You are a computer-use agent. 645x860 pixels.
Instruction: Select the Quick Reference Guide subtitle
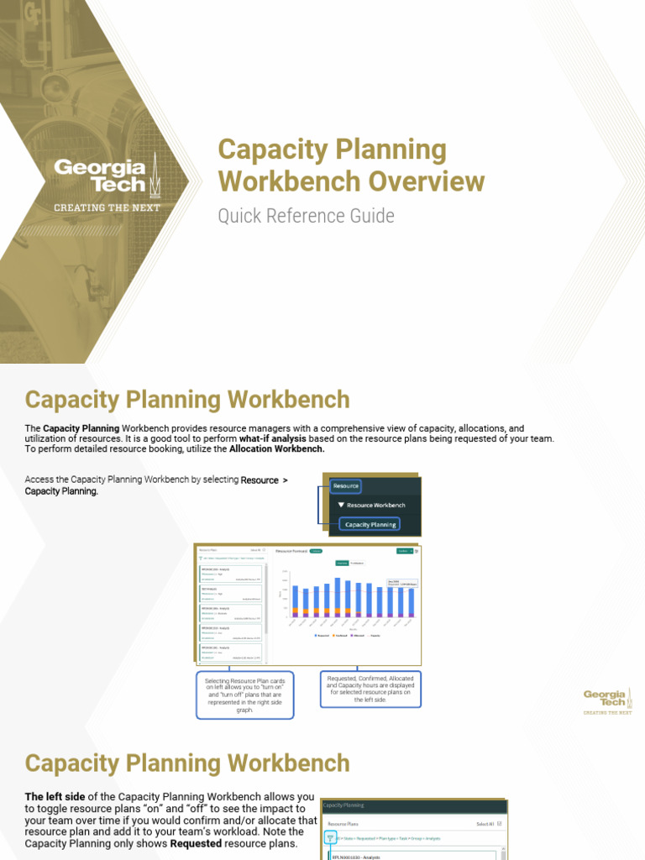[x=306, y=216]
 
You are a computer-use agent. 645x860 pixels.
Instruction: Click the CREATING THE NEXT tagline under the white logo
[x=107, y=207]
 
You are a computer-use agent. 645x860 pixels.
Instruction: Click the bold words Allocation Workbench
[x=276, y=449]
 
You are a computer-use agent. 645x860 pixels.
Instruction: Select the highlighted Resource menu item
[x=345, y=485]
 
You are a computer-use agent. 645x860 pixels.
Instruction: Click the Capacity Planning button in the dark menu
[x=370, y=524]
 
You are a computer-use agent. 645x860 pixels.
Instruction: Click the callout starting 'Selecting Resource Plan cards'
[x=245, y=694]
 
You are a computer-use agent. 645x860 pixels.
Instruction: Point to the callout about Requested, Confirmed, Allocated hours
[x=370, y=689]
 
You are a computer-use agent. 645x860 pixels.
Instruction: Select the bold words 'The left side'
[x=57, y=796]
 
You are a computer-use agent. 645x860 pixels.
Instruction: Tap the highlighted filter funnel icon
[x=331, y=838]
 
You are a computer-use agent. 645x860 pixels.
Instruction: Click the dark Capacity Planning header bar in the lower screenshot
[x=414, y=805]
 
